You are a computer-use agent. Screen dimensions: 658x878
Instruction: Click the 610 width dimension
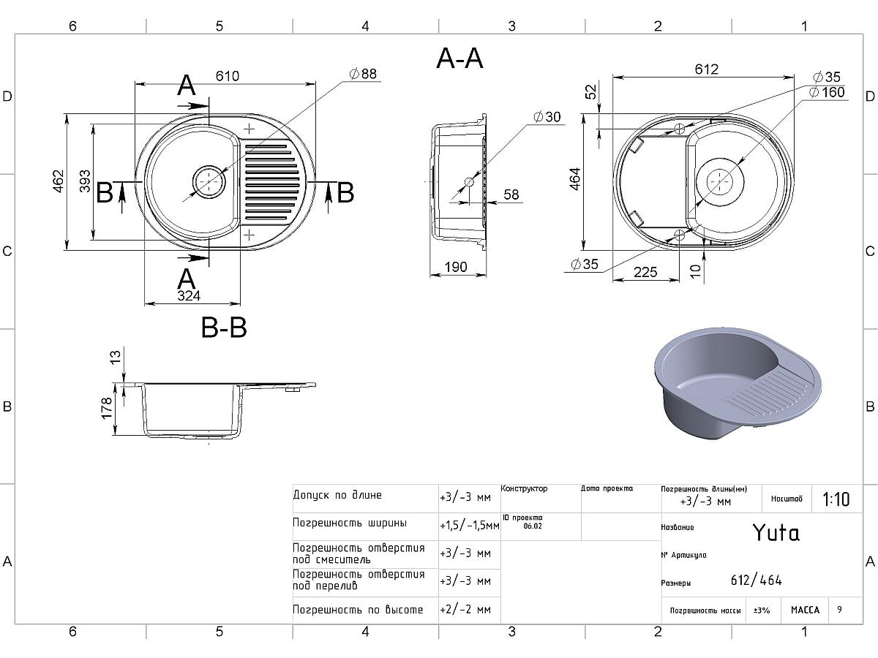[228, 76]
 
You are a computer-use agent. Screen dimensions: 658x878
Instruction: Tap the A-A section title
[459, 58]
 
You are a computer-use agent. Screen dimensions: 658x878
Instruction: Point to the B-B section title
[224, 328]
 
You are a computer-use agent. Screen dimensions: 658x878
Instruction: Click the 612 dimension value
[707, 69]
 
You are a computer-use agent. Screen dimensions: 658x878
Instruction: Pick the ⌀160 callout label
[827, 92]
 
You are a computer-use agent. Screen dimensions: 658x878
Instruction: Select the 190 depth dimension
[456, 268]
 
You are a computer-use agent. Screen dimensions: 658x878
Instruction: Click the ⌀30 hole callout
[547, 117]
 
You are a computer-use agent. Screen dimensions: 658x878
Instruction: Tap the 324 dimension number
[188, 295]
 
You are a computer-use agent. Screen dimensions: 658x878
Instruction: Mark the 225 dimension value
[645, 273]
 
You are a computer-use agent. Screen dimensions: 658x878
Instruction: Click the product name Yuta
[776, 533]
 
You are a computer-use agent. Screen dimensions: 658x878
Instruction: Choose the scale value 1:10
[836, 499]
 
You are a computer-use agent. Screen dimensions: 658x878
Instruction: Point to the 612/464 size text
[757, 581]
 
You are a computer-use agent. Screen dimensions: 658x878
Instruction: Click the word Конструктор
[525, 488]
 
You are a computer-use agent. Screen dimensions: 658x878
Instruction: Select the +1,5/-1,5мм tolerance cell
[469, 525]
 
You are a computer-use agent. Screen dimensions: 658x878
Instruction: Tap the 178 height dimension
[108, 408]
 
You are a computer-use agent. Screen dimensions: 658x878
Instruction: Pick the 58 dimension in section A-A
[511, 194]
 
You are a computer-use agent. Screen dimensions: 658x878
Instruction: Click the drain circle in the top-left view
[208, 180]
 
